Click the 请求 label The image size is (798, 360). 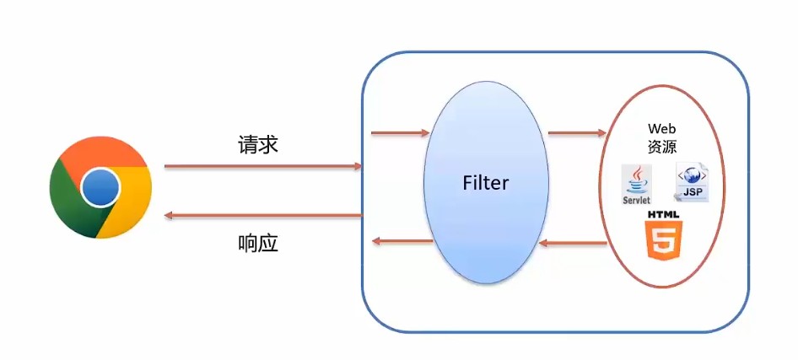pyautogui.click(x=258, y=145)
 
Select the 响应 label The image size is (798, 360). pyautogui.click(x=258, y=244)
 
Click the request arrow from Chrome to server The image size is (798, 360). pyautogui.click(x=262, y=167)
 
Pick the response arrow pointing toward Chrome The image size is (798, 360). pyautogui.click(x=262, y=216)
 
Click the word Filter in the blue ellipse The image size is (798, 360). pyautogui.click(x=487, y=182)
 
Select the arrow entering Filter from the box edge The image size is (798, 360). pyautogui.click(x=400, y=132)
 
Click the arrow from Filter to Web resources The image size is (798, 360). pyautogui.click(x=577, y=132)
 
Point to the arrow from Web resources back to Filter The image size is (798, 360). pyautogui.click(x=573, y=244)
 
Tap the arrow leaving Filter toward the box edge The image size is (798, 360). pyautogui.click(x=402, y=242)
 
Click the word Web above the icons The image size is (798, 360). pyautogui.click(x=662, y=129)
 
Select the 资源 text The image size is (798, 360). pyautogui.click(x=662, y=146)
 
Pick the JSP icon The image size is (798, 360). pyautogui.click(x=693, y=182)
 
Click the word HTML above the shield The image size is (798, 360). pyautogui.click(x=663, y=216)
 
